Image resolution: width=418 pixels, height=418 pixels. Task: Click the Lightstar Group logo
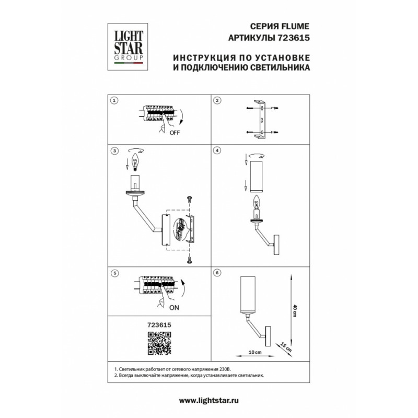point(127,47)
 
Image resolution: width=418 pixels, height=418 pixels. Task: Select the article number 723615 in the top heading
point(294,38)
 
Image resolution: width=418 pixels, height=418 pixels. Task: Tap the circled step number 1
point(114,100)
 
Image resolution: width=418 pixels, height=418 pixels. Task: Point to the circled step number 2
point(217,100)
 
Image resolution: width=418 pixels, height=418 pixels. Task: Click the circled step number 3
point(114,151)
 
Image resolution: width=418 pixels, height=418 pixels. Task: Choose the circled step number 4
point(217,150)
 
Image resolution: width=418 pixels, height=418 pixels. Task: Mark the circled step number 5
point(115,273)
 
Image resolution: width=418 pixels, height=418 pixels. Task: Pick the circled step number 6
point(217,273)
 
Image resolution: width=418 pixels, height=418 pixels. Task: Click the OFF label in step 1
point(175,133)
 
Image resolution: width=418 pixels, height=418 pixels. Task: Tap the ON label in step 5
point(174,308)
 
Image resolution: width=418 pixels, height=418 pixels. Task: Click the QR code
point(159,343)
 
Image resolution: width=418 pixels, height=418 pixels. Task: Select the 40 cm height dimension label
point(295,310)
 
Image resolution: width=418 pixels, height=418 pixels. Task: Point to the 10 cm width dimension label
point(255,352)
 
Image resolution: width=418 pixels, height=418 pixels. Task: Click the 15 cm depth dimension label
point(286,347)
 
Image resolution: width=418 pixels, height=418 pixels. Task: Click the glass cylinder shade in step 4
point(257,177)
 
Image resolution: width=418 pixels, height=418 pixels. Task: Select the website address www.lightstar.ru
point(208,400)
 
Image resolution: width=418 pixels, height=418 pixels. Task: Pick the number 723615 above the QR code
point(159,325)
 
